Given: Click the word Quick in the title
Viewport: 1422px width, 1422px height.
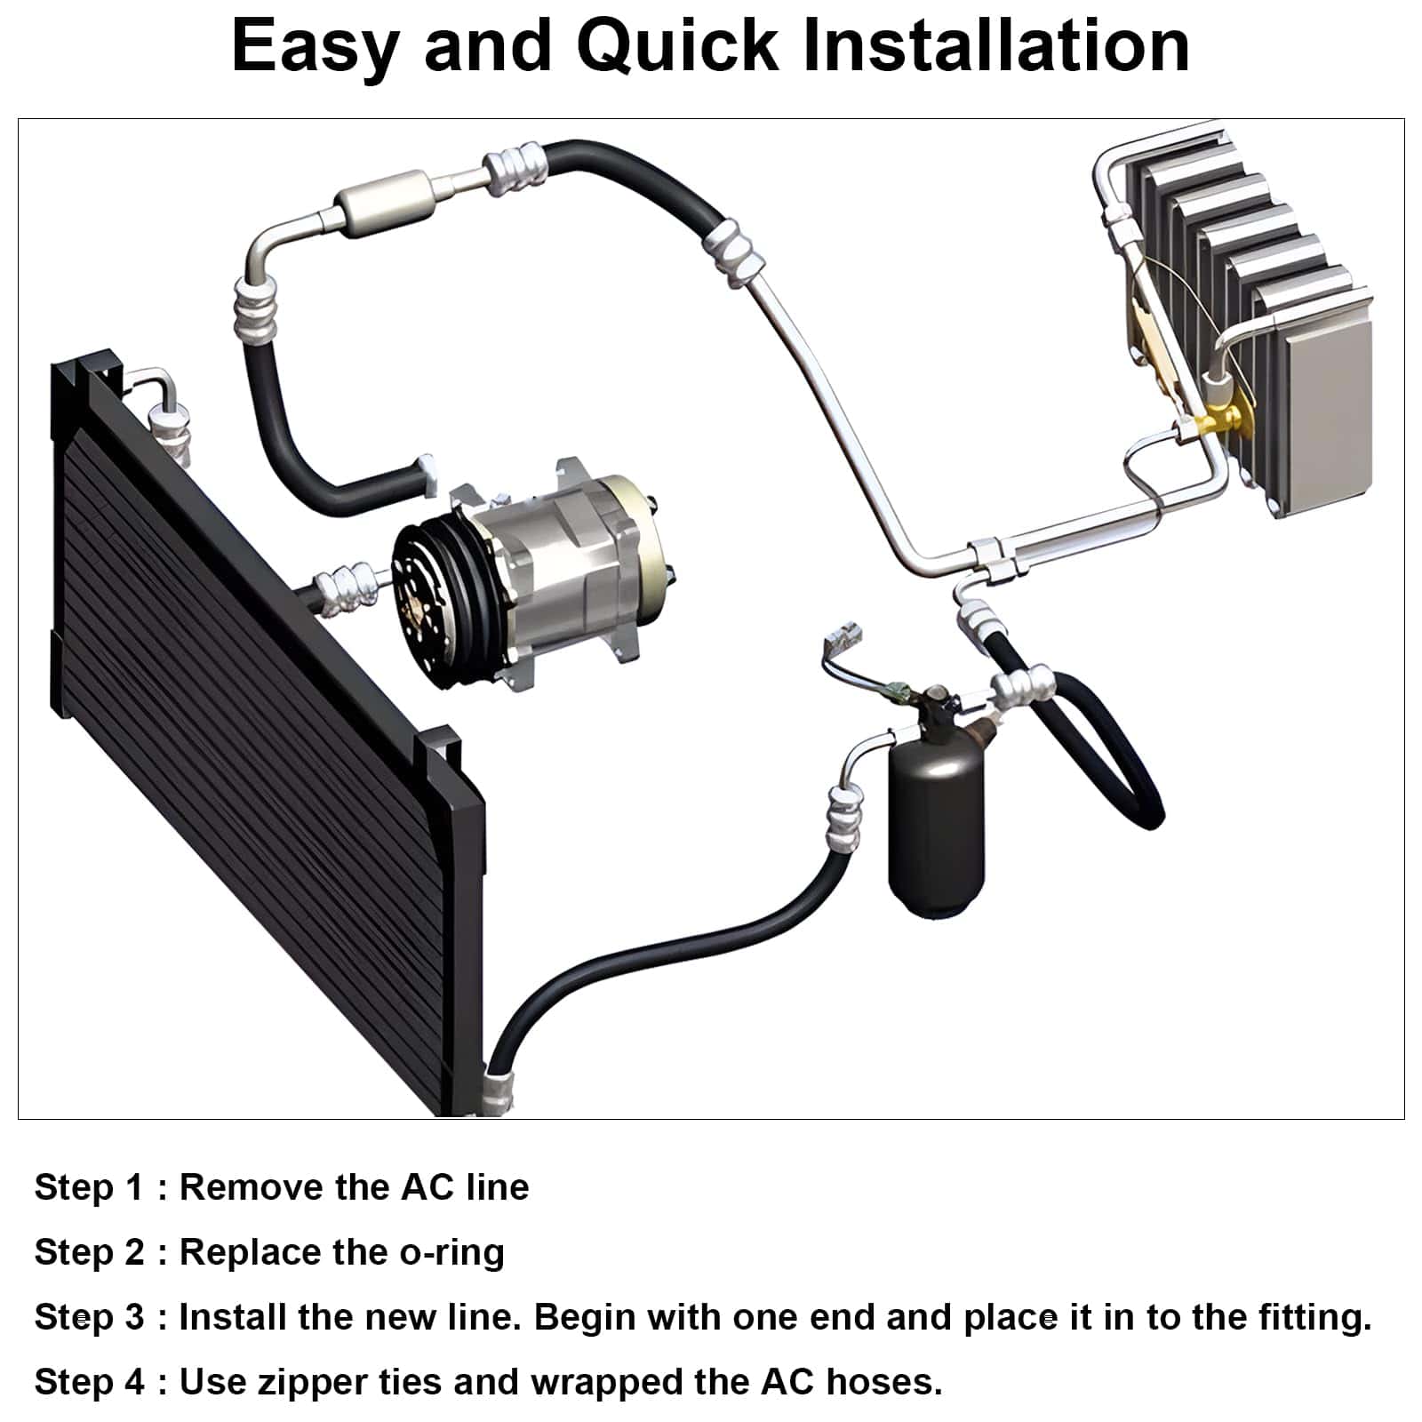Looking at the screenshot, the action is pyautogui.click(x=676, y=47).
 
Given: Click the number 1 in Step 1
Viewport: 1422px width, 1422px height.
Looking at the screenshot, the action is pyautogui.click(x=134, y=1187).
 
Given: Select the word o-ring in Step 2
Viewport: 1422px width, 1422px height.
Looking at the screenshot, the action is pyautogui.click(x=451, y=1253).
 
